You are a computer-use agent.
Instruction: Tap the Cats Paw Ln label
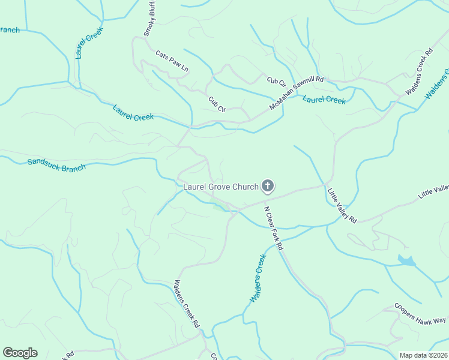(x=172, y=62)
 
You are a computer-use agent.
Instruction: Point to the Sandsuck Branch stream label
(x=56, y=163)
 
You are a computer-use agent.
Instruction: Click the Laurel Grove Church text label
(x=220, y=187)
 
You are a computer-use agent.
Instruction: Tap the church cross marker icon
(x=268, y=187)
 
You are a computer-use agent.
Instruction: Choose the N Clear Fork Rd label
(x=274, y=229)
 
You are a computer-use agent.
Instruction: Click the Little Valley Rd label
(x=342, y=206)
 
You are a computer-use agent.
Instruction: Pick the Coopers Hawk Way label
(x=420, y=313)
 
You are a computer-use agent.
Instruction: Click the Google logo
(x=20, y=353)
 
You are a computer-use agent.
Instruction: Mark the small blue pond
(x=406, y=260)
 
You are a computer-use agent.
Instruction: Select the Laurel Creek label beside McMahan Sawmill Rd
(x=324, y=100)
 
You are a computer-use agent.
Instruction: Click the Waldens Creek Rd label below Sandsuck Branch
(x=187, y=303)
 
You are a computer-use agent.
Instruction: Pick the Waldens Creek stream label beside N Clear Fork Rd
(x=257, y=279)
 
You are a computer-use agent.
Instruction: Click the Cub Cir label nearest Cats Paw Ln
(x=217, y=104)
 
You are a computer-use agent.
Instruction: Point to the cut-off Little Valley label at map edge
(x=433, y=191)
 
